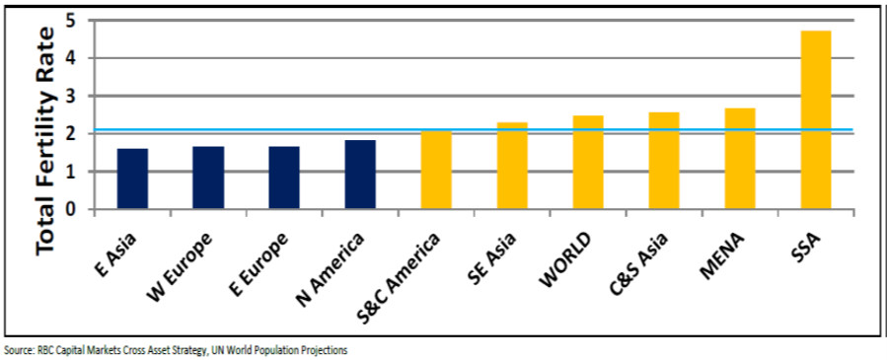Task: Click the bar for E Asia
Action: [132, 179]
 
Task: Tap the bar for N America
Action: [360, 175]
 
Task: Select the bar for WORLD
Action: [588, 163]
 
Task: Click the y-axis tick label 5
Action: [69, 21]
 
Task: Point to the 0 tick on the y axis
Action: [69, 209]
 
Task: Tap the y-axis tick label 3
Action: [69, 97]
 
